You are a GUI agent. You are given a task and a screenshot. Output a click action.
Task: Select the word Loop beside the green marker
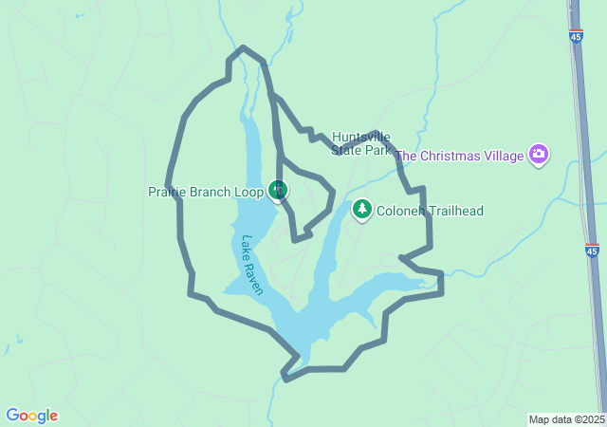coord(248,192)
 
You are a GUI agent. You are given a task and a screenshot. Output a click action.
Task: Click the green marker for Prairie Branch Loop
coord(278,191)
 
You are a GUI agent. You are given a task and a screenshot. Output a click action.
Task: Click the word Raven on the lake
coord(255,278)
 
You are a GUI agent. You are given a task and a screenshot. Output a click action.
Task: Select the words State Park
coord(361,150)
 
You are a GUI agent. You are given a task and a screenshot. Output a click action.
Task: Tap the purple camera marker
coord(539,154)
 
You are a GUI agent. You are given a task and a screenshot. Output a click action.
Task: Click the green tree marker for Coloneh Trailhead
coord(361,209)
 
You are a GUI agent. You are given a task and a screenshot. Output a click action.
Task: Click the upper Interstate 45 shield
coord(577,36)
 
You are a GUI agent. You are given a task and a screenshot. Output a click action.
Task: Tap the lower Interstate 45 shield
coord(592,251)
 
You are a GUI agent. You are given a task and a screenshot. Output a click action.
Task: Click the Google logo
coord(31,416)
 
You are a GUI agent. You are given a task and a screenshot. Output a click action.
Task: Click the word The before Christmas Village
coord(407,155)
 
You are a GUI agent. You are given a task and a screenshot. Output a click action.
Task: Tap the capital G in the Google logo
coord(12,416)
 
